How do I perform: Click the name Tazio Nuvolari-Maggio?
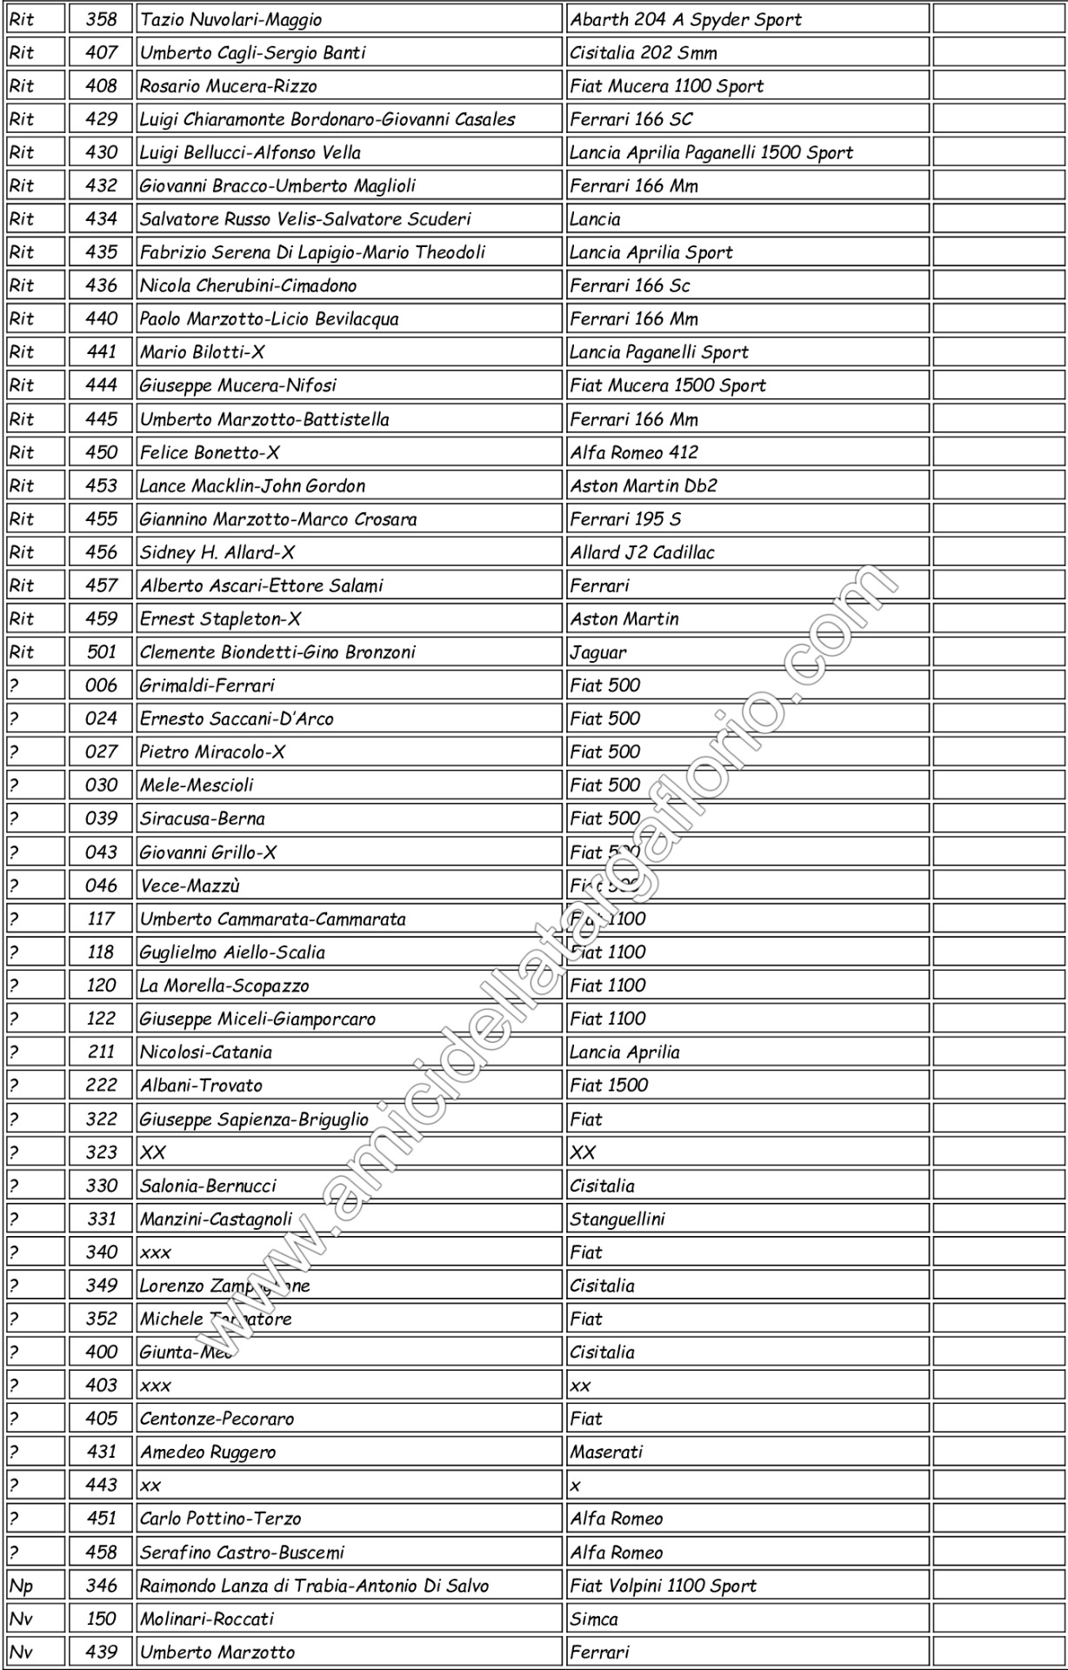(x=231, y=19)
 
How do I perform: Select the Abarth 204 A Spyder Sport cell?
(x=685, y=19)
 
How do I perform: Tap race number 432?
(x=101, y=185)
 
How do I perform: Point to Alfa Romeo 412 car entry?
(x=634, y=452)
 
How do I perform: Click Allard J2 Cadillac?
(x=642, y=552)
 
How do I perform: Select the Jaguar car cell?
(x=598, y=652)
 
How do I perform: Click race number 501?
(x=101, y=652)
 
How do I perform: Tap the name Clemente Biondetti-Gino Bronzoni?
(x=277, y=652)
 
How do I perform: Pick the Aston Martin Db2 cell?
(x=644, y=485)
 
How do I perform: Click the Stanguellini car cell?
(x=617, y=1219)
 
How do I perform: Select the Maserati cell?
(x=606, y=1452)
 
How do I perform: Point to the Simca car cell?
(x=594, y=1619)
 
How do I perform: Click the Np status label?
(x=21, y=1586)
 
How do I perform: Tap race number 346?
(x=101, y=1586)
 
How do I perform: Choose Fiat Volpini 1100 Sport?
(x=663, y=1586)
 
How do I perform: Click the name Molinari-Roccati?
(x=207, y=1619)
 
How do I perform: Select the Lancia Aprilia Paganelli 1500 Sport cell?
(x=711, y=152)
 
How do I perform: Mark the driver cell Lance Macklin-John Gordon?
(x=252, y=485)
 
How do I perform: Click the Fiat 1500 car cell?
(x=609, y=1085)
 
